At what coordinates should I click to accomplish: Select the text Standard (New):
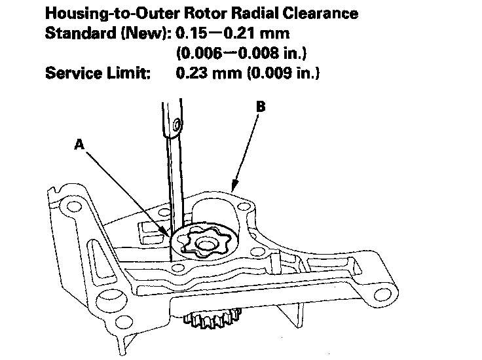pos(107,34)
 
